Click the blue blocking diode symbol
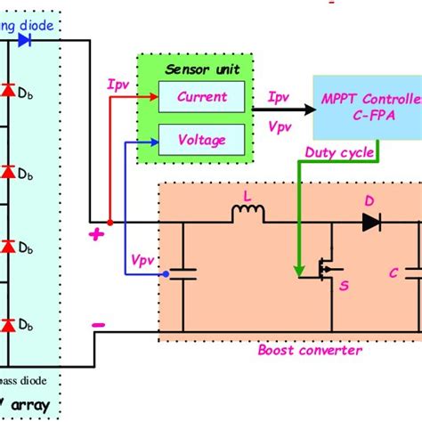(49, 40)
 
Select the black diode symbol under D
(370, 223)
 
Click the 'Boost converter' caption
(310, 350)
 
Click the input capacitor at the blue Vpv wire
(184, 276)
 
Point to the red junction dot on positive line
(109, 223)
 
